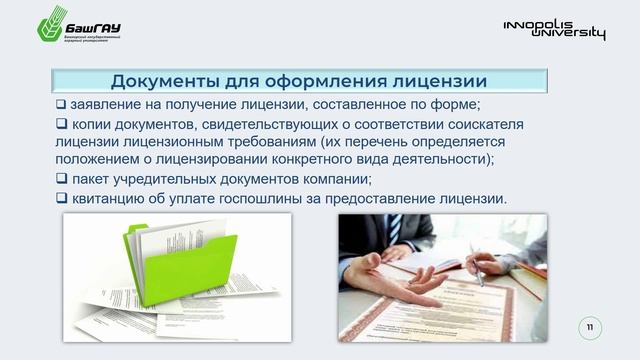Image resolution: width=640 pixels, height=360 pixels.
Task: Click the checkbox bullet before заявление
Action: [61, 106]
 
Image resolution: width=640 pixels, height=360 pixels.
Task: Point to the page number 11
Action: [590, 327]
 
